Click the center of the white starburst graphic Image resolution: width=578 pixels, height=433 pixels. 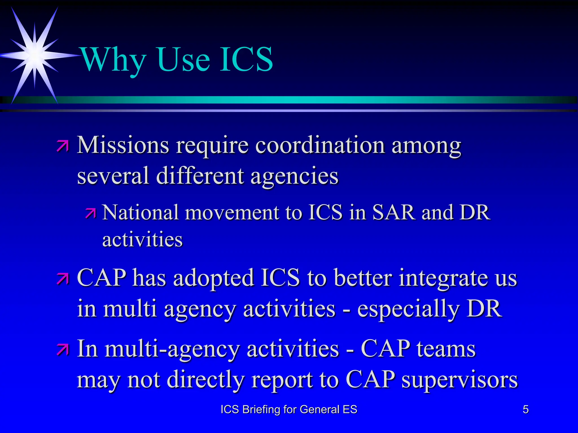(34, 56)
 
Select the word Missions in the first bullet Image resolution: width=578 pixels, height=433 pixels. (123, 145)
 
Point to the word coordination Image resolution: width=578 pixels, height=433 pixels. (320, 145)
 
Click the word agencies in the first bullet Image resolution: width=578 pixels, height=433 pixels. (294, 176)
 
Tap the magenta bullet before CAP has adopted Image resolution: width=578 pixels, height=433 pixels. (63, 279)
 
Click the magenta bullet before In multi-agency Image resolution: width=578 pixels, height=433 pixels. (63, 350)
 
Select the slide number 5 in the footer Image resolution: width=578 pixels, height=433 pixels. (526, 409)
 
